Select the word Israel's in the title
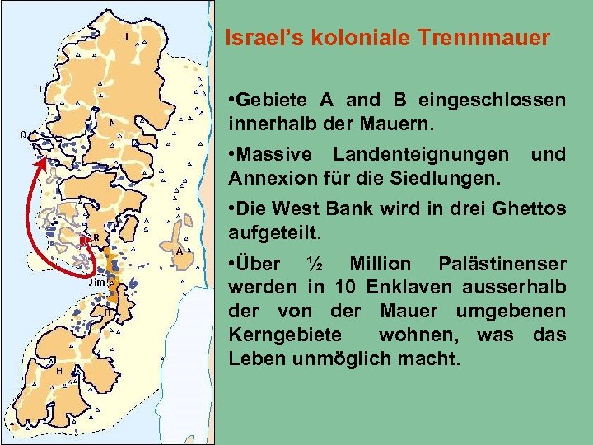[259, 38]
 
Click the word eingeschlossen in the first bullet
[492, 101]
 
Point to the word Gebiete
[273, 101]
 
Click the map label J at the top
[124, 37]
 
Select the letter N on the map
[112, 124]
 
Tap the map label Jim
[96, 282]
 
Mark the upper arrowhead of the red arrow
[38, 164]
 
